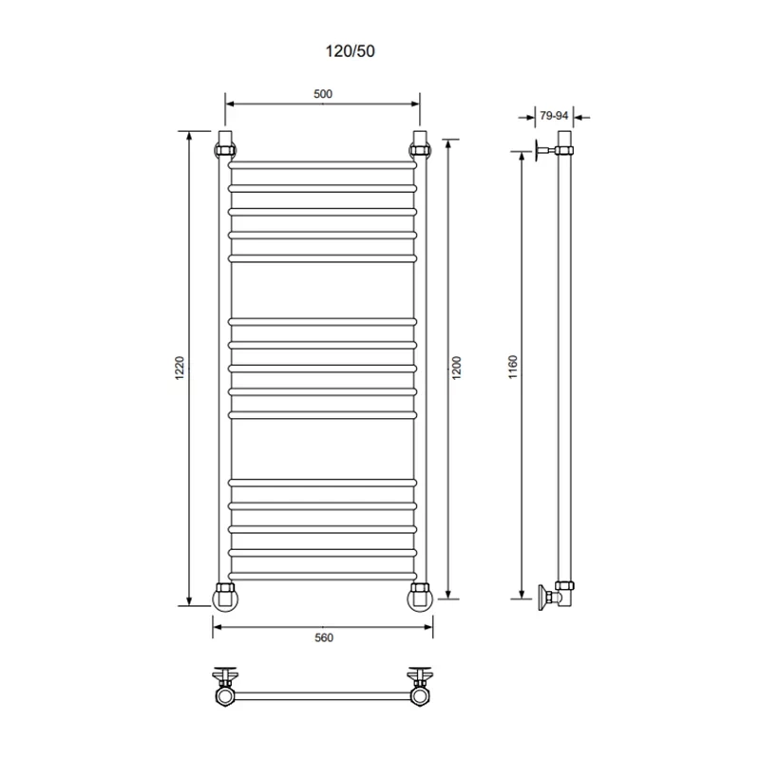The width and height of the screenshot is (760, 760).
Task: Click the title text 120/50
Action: click(350, 51)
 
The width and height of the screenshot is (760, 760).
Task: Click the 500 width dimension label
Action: click(323, 94)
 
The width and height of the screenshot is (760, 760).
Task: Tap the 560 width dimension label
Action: click(324, 637)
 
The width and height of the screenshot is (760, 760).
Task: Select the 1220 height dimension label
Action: click(180, 368)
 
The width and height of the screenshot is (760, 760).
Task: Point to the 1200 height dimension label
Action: click(457, 368)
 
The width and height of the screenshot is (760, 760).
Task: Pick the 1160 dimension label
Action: click(513, 367)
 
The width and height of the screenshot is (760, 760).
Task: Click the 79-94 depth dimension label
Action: click(554, 116)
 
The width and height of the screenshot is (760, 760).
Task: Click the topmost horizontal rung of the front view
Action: click(323, 165)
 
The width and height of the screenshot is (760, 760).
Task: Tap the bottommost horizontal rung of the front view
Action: click(323, 576)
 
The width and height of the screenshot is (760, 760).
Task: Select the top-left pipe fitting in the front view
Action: click(225, 150)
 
